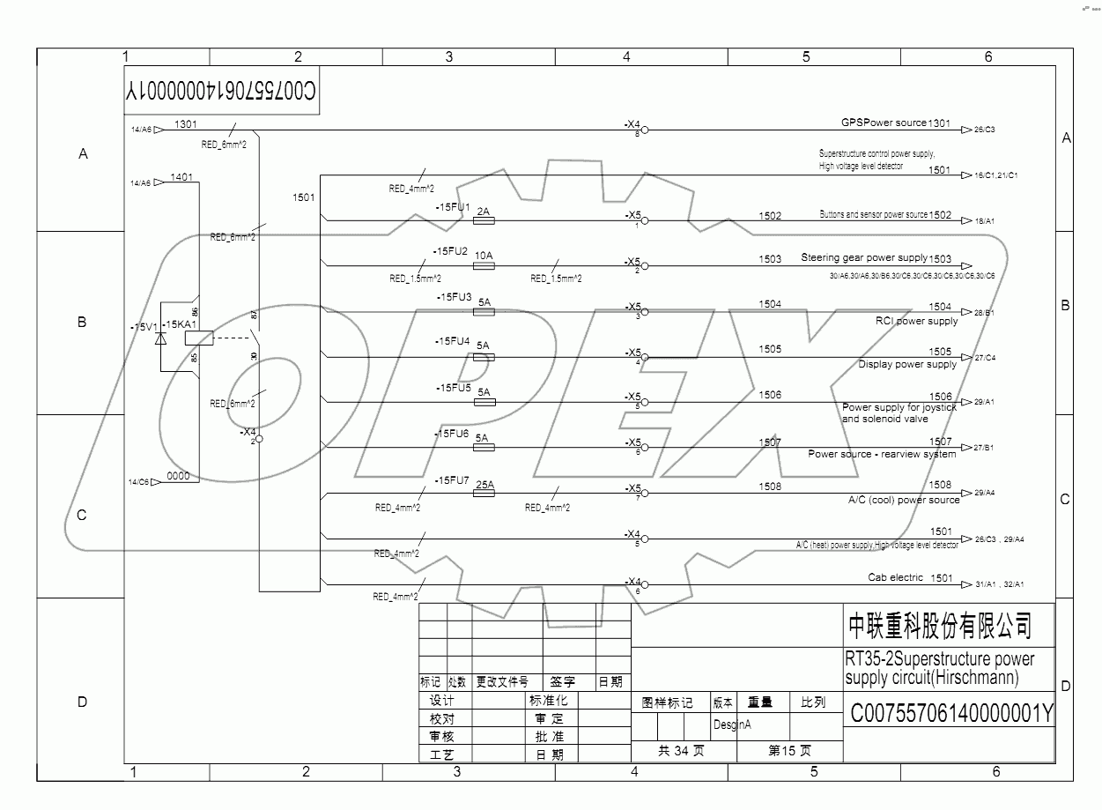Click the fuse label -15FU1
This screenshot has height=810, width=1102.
pyautogui.click(x=453, y=207)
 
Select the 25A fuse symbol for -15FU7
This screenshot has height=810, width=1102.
pyautogui.click(x=484, y=494)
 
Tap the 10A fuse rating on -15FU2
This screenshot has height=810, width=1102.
pyautogui.click(x=484, y=256)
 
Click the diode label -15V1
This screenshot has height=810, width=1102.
pyautogui.click(x=142, y=327)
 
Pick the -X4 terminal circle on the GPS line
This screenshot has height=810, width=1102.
pyautogui.click(x=644, y=130)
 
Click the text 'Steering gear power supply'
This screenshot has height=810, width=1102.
pyautogui.click(x=863, y=257)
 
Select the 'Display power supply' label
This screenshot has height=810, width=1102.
pyautogui.click(x=907, y=364)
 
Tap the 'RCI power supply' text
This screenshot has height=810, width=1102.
pyautogui.click(x=915, y=321)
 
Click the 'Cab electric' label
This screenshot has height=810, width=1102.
pyautogui.click(x=895, y=577)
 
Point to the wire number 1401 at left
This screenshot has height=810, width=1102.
pyautogui.click(x=181, y=177)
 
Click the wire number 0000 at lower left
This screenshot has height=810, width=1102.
pyautogui.click(x=178, y=476)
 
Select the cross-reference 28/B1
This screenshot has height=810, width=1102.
pyautogui.click(x=984, y=313)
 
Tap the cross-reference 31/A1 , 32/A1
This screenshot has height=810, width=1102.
pyautogui.click(x=999, y=584)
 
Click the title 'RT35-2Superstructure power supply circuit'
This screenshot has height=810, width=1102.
pyautogui.click(x=939, y=668)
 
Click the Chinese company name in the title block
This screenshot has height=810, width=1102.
pyautogui.click(x=939, y=626)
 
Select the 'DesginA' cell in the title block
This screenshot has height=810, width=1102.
pyautogui.click(x=731, y=725)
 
